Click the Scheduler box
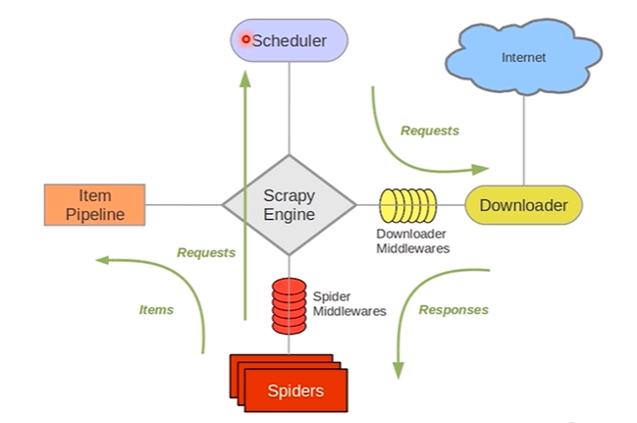(289, 41)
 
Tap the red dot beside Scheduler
(245, 40)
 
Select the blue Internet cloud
(522, 58)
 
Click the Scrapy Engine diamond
(289, 204)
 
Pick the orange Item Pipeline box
(94, 204)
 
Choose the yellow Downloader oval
(522, 205)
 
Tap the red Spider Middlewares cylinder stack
(289, 304)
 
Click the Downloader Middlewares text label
(412, 241)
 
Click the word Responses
(453, 310)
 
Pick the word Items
(155, 309)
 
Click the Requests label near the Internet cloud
(429, 131)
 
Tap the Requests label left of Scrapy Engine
(206, 252)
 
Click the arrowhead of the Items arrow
(102, 261)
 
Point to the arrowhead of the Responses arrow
(398, 370)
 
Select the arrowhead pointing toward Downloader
(480, 166)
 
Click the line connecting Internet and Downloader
(523, 137)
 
